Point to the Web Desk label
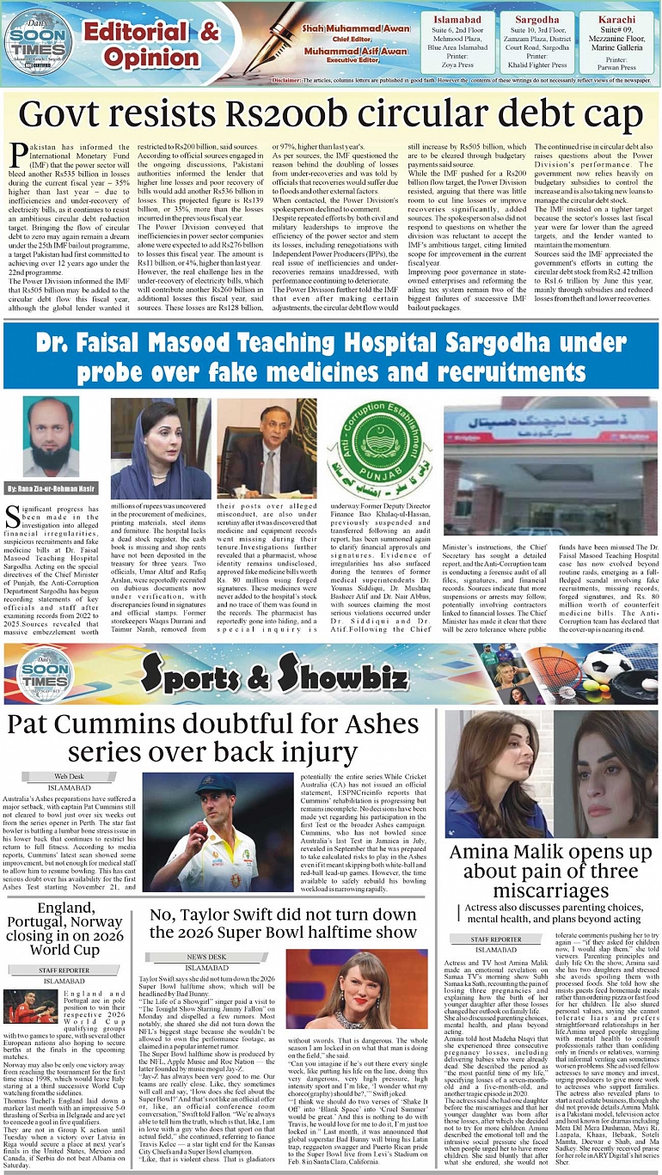click(70, 775)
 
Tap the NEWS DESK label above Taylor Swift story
click(207, 956)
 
